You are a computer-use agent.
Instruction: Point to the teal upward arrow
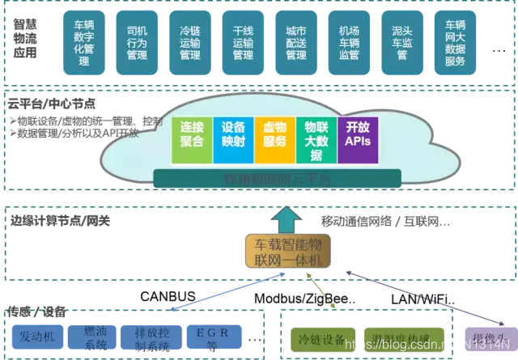(284, 218)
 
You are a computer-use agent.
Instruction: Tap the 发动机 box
(37, 336)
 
